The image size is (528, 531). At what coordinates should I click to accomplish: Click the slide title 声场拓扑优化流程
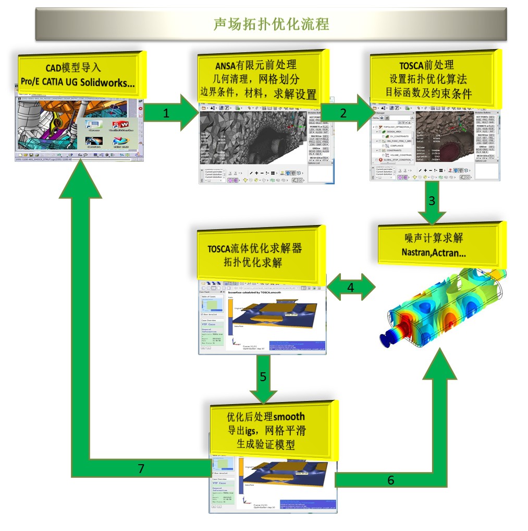click(271, 25)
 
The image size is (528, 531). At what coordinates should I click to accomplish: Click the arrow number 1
click(166, 113)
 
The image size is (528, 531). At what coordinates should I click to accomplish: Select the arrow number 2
click(342, 113)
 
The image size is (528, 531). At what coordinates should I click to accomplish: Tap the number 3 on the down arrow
click(432, 200)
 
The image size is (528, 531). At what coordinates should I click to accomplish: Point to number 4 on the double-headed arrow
click(351, 287)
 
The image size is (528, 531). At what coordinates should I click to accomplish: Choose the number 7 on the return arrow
click(141, 468)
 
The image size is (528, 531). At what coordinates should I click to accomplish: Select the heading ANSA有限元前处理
click(256, 65)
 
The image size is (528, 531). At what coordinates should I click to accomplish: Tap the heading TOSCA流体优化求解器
click(256, 249)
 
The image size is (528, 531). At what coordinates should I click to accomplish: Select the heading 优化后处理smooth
click(266, 417)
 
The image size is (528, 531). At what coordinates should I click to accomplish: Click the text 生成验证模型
click(266, 444)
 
